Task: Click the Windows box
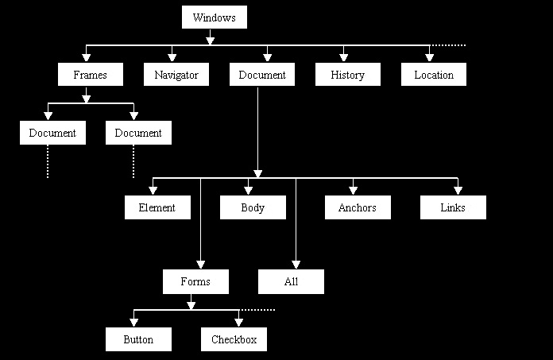(x=215, y=17)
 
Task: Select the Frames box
(x=90, y=75)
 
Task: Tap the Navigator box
(x=176, y=75)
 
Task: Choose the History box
(x=347, y=75)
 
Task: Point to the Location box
(x=434, y=75)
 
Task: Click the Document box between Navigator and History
(x=262, y=75)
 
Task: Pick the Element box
(x=157, y=207)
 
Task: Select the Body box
(x=253, y=207)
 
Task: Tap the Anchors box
(x=357, y=207)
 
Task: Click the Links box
(x=453, y=207)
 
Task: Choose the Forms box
(x=195, y=281)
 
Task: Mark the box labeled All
(x=291, y=281)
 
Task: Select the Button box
(x=138, y=339)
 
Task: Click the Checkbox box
(x=234, y=339)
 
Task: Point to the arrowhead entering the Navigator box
(x=172, y=57)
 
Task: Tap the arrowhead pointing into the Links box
(x=458, y=190)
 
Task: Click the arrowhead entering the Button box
(x=133, y=322)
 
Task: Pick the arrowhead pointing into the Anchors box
(x=353, y=190)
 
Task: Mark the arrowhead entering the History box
(x=343, y=57)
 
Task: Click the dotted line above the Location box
(x=450, y=45)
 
